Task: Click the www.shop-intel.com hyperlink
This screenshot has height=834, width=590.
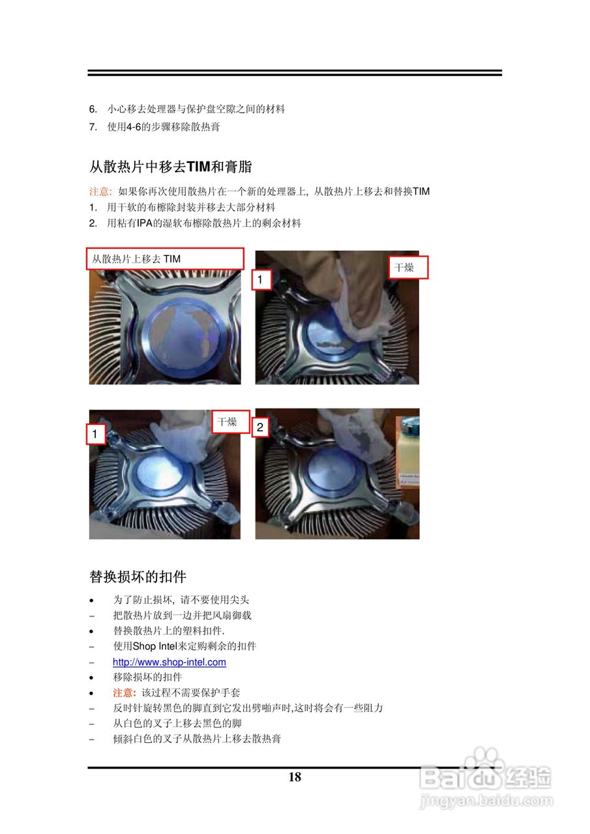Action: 169,661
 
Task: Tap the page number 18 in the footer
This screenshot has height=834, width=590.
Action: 295,777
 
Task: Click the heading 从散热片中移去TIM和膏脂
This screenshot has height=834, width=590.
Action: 170,166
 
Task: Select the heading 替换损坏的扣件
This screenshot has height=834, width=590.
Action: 138,577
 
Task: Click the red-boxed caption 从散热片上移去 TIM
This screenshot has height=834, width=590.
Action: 165,259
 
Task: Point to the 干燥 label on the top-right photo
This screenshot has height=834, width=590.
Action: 408,267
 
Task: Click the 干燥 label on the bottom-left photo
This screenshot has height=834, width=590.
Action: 231,422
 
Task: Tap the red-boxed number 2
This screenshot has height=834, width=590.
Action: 260,427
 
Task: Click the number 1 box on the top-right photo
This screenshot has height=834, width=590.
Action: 261,280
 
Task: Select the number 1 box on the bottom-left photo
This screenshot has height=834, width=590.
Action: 96,434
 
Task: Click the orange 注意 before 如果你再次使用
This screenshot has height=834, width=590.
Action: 100,192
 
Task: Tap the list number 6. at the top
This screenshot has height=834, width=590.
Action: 93,109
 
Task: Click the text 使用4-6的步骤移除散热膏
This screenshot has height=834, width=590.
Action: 164,126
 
